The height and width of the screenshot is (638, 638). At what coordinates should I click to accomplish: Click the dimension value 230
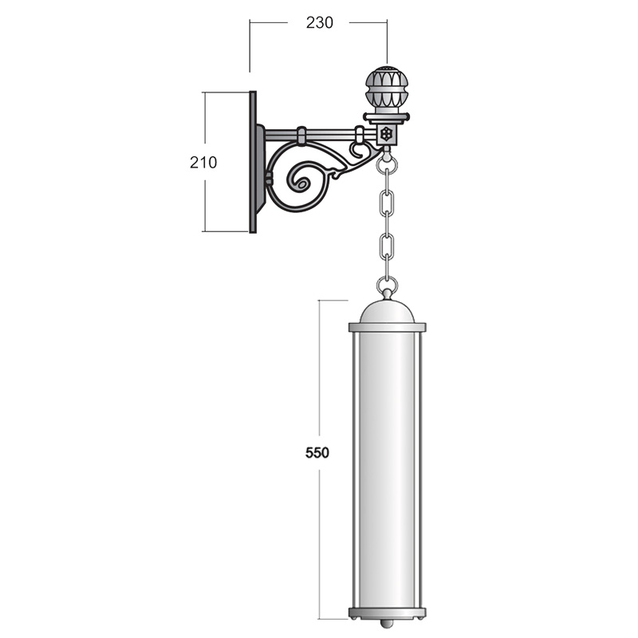320,23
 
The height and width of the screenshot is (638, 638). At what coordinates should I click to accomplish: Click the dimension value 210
203,163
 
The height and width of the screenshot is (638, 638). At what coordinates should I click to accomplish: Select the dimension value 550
317,452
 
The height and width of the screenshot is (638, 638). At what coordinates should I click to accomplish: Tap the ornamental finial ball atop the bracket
387,89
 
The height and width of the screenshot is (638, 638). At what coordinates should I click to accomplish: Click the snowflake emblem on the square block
386,134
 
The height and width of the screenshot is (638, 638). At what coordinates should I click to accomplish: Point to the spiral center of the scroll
301,184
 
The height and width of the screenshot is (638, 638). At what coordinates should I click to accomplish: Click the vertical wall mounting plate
253,162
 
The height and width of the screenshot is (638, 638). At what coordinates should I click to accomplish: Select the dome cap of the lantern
387,312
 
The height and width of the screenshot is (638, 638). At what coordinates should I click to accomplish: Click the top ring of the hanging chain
387,165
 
